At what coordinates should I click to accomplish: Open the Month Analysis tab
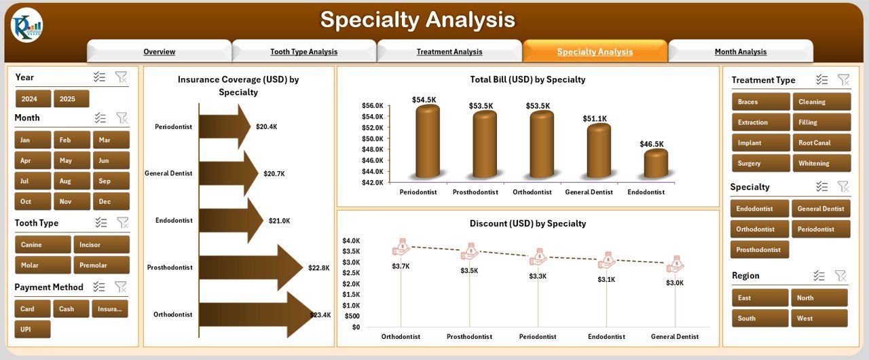[x=740, y=52]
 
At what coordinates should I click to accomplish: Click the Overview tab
[x=159, y=52]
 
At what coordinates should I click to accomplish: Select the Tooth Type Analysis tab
[x=303, y=52]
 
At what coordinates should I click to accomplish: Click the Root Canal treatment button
[x=821, y=143]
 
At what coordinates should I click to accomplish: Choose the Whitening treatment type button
[x=821, y=163]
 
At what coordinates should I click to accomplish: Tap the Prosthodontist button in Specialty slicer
[x=759, y=249]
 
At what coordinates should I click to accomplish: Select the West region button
[x=819, y=318]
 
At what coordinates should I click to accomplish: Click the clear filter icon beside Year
[x=121, y=77]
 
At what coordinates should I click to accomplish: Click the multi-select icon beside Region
[x=819, y=276]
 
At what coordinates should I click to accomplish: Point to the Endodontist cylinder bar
[x=655, y=164]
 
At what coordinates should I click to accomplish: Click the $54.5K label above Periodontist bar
[x=424, y=100]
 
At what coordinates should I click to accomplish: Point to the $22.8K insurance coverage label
[x=318, y=268]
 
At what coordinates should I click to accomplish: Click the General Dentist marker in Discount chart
[x=676, y=264]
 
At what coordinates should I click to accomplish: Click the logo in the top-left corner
[x=26, y=26]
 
